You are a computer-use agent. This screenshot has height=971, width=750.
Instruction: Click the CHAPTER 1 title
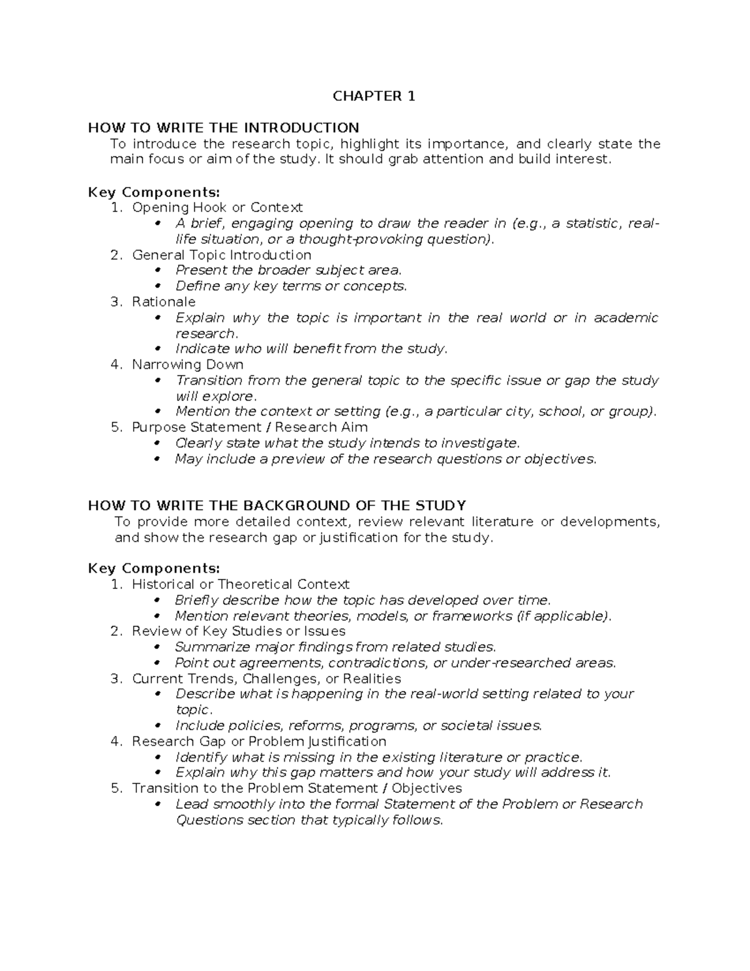click(x=374, y=96)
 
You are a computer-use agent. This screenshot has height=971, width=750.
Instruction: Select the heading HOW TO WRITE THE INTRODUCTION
click(x=223, y=128)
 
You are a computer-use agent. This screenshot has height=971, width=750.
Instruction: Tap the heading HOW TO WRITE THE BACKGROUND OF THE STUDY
click(x=277, y=505)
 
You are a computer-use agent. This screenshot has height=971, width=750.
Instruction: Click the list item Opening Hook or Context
click(x=217, y=207)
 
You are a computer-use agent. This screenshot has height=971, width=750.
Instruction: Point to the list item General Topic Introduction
click(x=221, y=255)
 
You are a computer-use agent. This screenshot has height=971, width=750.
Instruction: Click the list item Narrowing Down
click(x=187, y=365)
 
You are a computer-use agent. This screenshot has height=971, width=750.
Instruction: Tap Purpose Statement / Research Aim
click(x=249, y=428)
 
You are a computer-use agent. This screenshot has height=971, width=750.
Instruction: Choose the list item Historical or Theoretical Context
click(x=240, y=585)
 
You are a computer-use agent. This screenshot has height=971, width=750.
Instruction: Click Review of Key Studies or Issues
click(x=238, y=631)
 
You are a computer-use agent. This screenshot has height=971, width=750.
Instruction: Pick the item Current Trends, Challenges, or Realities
click(x=266, y=678)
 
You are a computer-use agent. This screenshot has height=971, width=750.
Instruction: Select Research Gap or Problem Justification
click(x=259, y=742)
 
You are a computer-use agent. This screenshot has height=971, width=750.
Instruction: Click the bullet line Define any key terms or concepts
click(x=291, y=286)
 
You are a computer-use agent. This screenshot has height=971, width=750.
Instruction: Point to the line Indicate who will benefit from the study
click(x=311, y=349)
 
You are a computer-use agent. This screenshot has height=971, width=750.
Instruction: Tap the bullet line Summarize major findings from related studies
click(x=335, y=647)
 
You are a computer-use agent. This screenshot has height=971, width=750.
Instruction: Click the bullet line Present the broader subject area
click(x=288, y=270)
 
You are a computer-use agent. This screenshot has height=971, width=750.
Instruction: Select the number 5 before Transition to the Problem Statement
click(x=115, y=788)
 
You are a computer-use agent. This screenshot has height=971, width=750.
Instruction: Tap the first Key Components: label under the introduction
click(x=154, y=192)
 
